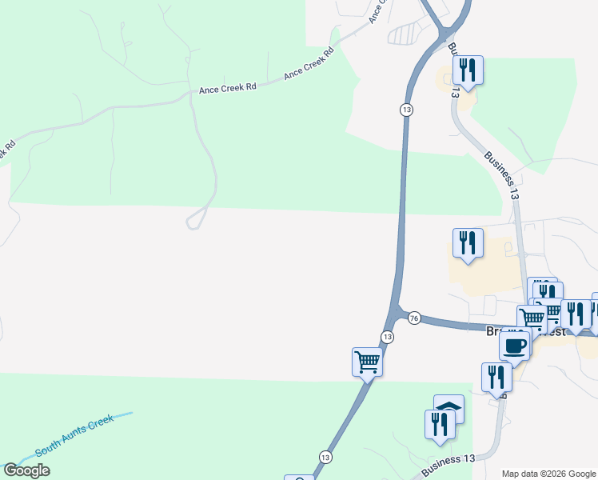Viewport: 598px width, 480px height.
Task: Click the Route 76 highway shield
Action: coord(413,318)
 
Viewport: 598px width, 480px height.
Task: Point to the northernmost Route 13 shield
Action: coord(407,109)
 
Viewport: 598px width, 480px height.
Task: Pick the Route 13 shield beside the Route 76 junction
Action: coord(387,337)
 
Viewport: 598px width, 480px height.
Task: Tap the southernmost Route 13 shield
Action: coord(325,457)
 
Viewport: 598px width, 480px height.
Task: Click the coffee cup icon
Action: coord(515,346)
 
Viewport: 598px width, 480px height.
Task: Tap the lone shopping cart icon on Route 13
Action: coord(367,362)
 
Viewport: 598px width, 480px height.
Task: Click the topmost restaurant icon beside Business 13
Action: coord(468,70)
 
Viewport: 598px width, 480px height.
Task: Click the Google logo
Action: coord(26,470)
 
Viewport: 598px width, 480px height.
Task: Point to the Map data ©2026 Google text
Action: coord(548,474)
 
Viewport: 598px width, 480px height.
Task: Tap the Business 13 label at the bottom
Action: coord(448,462)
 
